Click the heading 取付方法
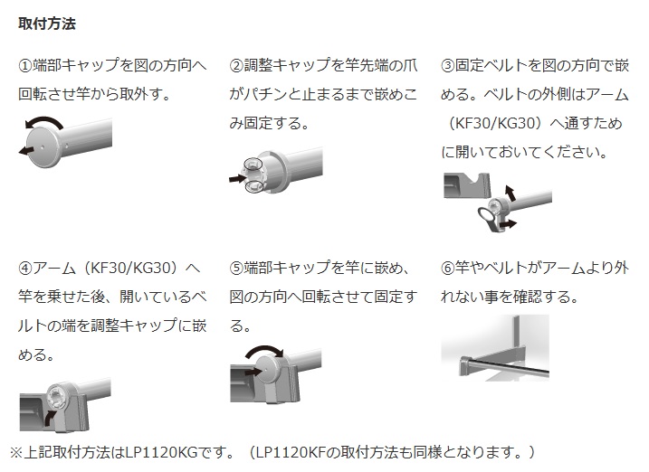[47, 24]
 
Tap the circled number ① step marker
[25, 66]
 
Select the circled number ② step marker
[236, 66]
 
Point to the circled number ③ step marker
[448, 66]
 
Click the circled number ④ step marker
[25, 269]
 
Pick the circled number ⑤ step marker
[236, 269]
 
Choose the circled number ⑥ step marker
[448, 269]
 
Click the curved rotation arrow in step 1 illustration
[44, 119]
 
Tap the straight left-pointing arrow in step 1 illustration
[26, 151]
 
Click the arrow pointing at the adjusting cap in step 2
[237, 178]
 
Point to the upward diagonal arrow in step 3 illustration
[511, 193]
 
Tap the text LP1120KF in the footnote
[291, 453]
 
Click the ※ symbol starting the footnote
[16, 453]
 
